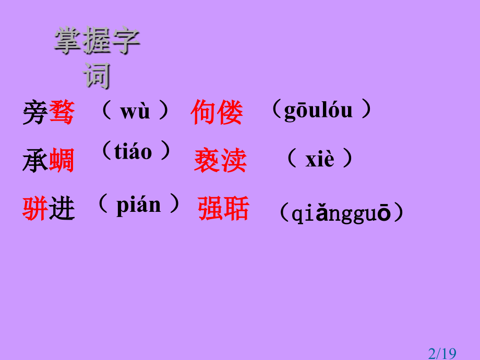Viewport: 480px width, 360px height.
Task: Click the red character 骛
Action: coord(62,113)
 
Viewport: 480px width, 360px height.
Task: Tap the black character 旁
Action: coord(35,113)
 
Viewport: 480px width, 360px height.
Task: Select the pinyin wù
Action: coord(135,111)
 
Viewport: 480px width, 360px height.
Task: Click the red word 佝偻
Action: coord(217,113)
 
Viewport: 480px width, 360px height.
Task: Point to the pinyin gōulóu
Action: coord(318,111)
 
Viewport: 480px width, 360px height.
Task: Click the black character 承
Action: coord(35,161)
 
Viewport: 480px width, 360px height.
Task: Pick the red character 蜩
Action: coord(62,161)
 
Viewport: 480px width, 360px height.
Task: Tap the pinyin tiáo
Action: coord(133,152)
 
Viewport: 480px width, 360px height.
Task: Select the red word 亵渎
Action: coord(220,161)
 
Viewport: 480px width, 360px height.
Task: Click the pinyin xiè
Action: coord(319,159)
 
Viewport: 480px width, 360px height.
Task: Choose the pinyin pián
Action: coord(138,205)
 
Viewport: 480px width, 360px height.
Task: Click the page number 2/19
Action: coord(441,354)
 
